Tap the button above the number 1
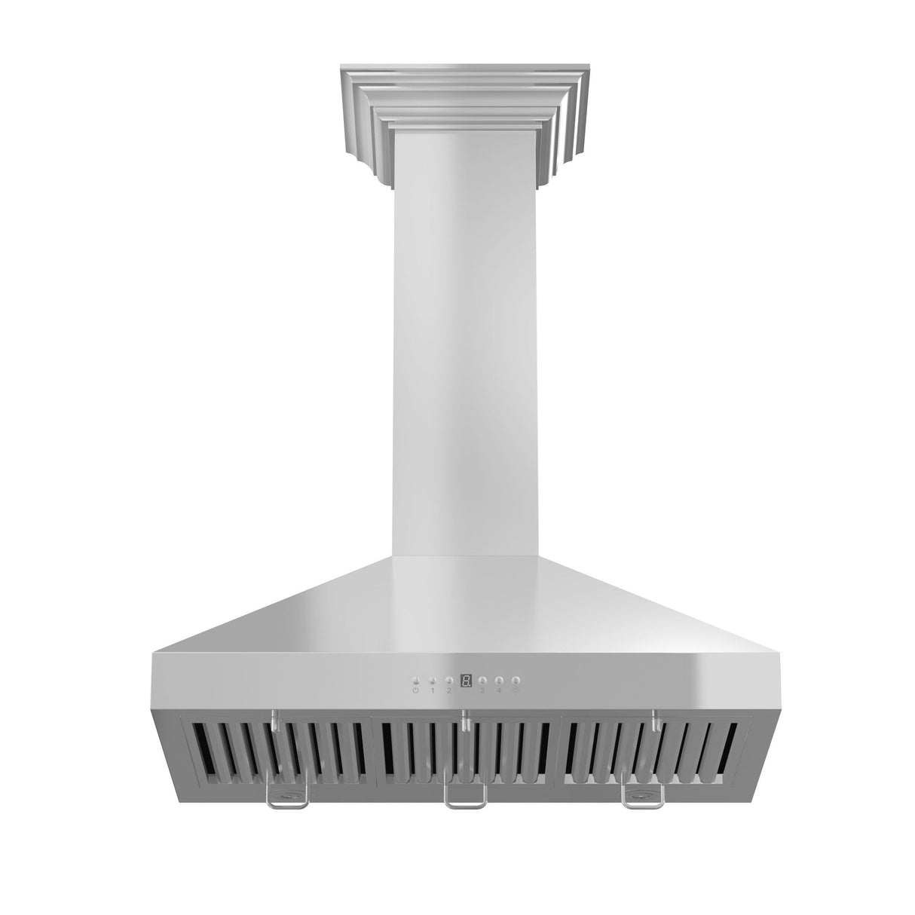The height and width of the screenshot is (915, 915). pyautogui.click(x=433, y=427)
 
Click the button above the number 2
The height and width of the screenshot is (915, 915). pyautogui.click(x=448, y=427)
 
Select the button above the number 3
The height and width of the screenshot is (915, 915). pyautogui.click(x=482, y=427)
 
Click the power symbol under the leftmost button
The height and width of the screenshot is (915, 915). pyautogui.click(x=416, y=437)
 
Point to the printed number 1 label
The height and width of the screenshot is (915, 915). pyautogui.click(x=433, y=437)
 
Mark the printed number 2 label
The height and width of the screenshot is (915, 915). pyautogui.click(x=448, y=437)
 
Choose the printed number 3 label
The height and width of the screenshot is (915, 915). pyautogui.click(x=482, y=437)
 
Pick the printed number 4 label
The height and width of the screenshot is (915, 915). pyautogui.click(x=499, y=437)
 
